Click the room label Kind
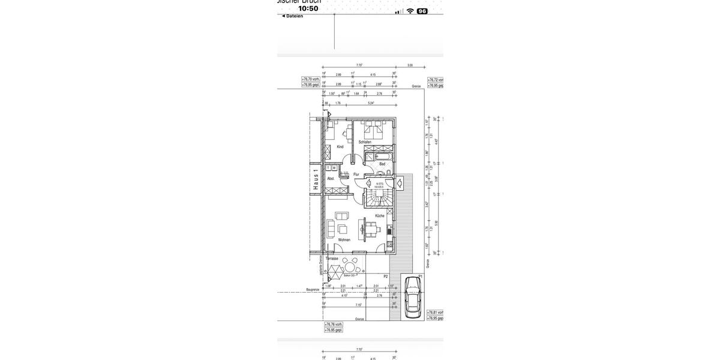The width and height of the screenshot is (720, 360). pos(340,147)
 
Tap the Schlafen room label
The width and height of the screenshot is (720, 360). pos(365,142)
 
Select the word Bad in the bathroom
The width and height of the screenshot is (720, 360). pos(382,164)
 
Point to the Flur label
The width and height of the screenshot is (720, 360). pos(356,175)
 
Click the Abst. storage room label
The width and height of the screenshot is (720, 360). pos(331,179)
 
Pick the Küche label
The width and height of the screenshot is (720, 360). pos(380,216)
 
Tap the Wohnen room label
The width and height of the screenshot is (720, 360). pos(344,240)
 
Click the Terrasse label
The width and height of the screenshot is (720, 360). pos(332,259)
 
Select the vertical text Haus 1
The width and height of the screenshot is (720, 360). pos(316,179)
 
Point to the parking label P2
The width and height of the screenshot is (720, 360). pos(386,277)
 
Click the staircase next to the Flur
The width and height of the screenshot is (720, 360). pos(381,195)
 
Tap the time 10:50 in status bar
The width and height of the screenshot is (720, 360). pos(308,8)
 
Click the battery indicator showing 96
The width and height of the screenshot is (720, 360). pos(422,11)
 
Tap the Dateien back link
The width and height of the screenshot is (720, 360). pos(293,16)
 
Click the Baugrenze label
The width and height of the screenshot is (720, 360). pos(313,290)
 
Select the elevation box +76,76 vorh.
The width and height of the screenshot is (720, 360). pos(334,324)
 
